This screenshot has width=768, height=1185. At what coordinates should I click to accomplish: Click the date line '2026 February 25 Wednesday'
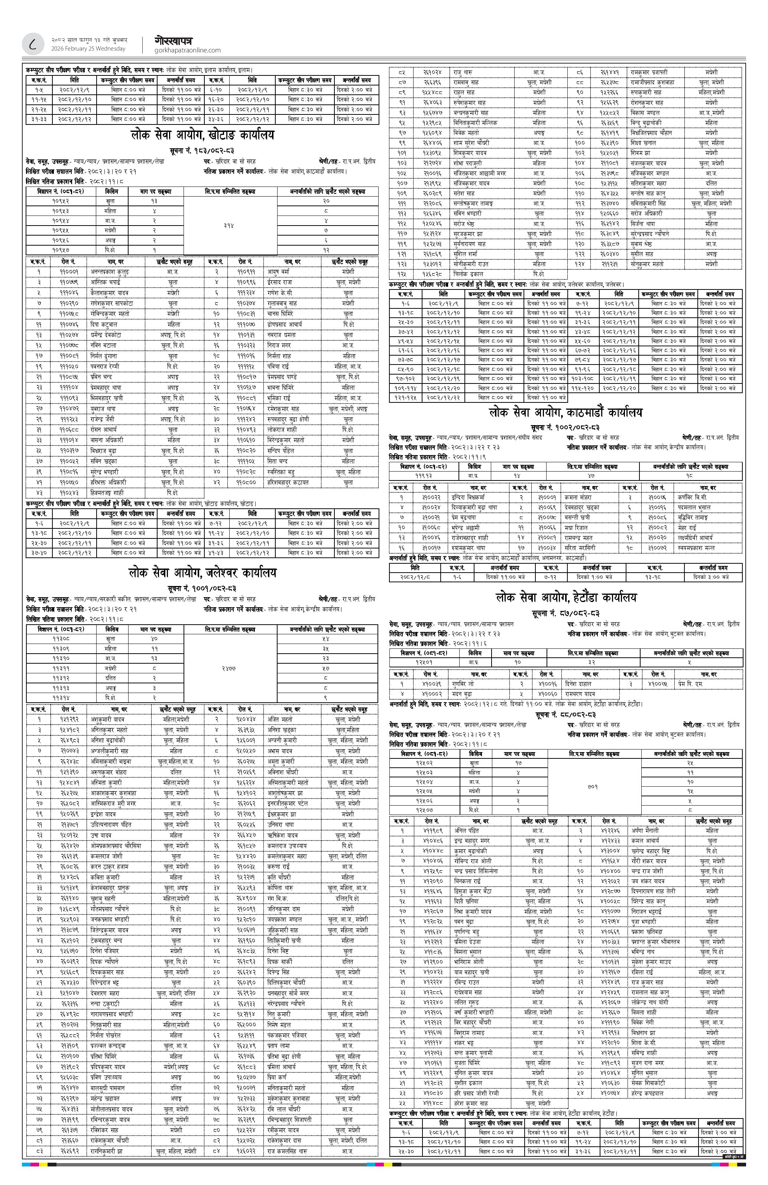tap(88, 49)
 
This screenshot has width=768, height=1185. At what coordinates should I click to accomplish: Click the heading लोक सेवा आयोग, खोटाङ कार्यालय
tap(202, 135)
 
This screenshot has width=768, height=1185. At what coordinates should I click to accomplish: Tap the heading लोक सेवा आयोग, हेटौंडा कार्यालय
tap(566, 598)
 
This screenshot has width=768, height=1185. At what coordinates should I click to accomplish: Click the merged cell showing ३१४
tap(230, 225)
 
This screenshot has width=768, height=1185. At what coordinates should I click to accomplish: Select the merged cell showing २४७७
tap(230, 664)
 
